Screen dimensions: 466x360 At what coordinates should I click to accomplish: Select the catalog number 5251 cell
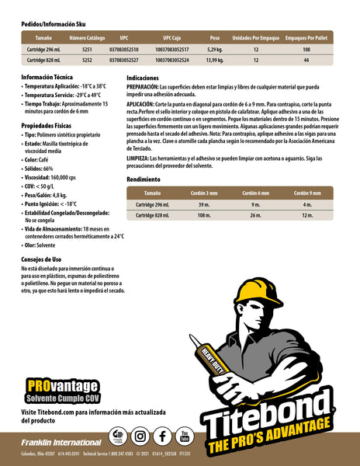pyautogui.click(x=87, y=49)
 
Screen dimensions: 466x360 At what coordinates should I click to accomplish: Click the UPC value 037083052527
pyautogui.click(x=124, y=59)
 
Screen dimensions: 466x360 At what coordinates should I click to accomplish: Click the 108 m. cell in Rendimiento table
pyautogui.click(x=204, y=214)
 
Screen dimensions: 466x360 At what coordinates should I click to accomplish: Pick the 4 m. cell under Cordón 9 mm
pyautogui.click(x=306, y=204)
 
